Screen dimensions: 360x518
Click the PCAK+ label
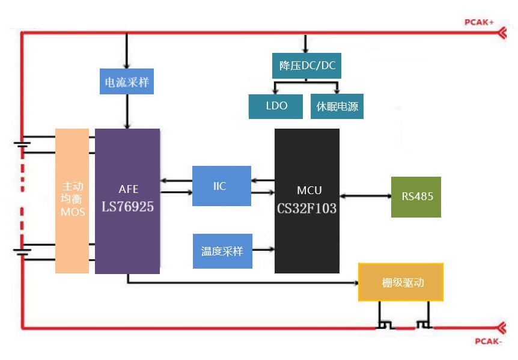[x=479, y=22]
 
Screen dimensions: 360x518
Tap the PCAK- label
[x=487, y=342]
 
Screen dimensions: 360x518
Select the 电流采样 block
[x=127, y=82]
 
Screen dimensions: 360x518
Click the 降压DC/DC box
[x=306, y=66]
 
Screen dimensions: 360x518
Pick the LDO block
[x=276, y=106]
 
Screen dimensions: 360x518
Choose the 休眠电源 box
[x=337, y=106]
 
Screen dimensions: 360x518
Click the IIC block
[x=221, y=186]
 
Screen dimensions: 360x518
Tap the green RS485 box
[x=416, y=197]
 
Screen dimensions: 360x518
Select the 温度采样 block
[x=222, y=251]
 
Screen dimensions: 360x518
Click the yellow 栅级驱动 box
[x=401, y=282]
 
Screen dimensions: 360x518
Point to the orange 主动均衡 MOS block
[x=73, y=201]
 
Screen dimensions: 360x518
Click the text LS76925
[x=127, y=207]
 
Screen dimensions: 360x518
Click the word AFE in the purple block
[x=128, y=189]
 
